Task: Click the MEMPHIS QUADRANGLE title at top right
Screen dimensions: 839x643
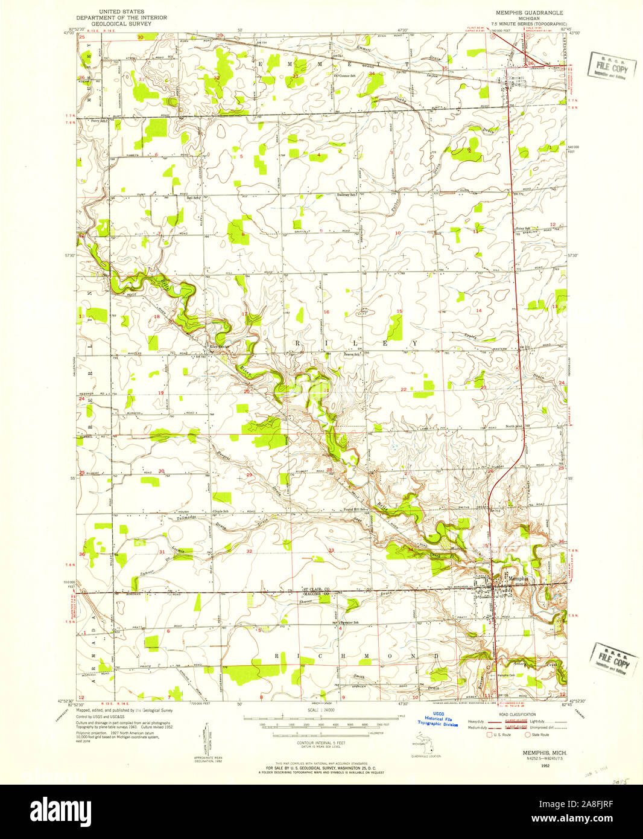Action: (529, 12)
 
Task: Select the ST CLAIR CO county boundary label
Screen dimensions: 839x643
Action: (316, 589)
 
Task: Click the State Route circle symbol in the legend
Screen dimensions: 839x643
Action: (528, 735)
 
